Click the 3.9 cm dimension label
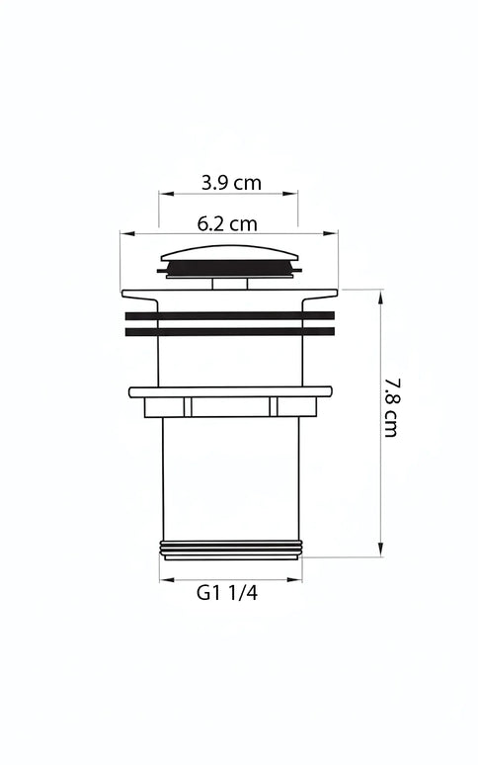(231, 182)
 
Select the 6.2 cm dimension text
(227, 222)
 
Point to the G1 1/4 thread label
(228, 593)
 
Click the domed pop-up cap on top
(229, 250)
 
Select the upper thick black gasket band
(229, 315)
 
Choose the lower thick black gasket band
(229, 332)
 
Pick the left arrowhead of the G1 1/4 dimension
(164, 579)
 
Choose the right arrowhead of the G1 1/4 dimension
(298, 579)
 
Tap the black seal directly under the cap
(229, 267)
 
